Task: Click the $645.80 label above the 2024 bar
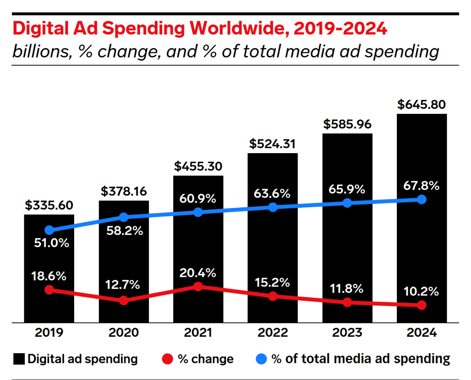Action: click(421, 105)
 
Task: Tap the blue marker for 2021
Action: click(198, 212)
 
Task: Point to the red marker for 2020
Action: click(123, 300)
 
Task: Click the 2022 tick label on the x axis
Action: click(272, 333)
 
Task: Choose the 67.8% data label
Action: click(421, 186)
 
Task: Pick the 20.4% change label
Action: click(198, 273)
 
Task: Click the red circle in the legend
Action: click(168, 359)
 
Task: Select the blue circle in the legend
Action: click(262, 359)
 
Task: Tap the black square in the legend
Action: click(19, 359)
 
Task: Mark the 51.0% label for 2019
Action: click(49, 244)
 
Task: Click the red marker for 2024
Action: click(421, 305)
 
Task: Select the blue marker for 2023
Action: click(347, 203)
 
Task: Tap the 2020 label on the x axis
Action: click(123, 333)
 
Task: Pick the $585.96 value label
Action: click(347, 124)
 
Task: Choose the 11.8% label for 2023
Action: click(347, 288)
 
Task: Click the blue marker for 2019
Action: click(49, 230)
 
